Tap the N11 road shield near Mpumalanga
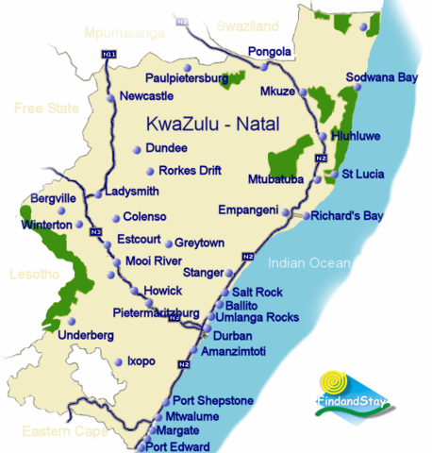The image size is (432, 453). (x=108, y=57)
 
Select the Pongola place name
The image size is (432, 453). (x=265, y=51)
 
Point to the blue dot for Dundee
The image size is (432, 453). (x=138, y=148)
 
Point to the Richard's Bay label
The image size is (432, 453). (x=346, y=216)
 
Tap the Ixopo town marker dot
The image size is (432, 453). (x=118, y=361)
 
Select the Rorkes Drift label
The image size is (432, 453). (x=195, y=171)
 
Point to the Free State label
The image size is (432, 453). (x=44, y=108)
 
